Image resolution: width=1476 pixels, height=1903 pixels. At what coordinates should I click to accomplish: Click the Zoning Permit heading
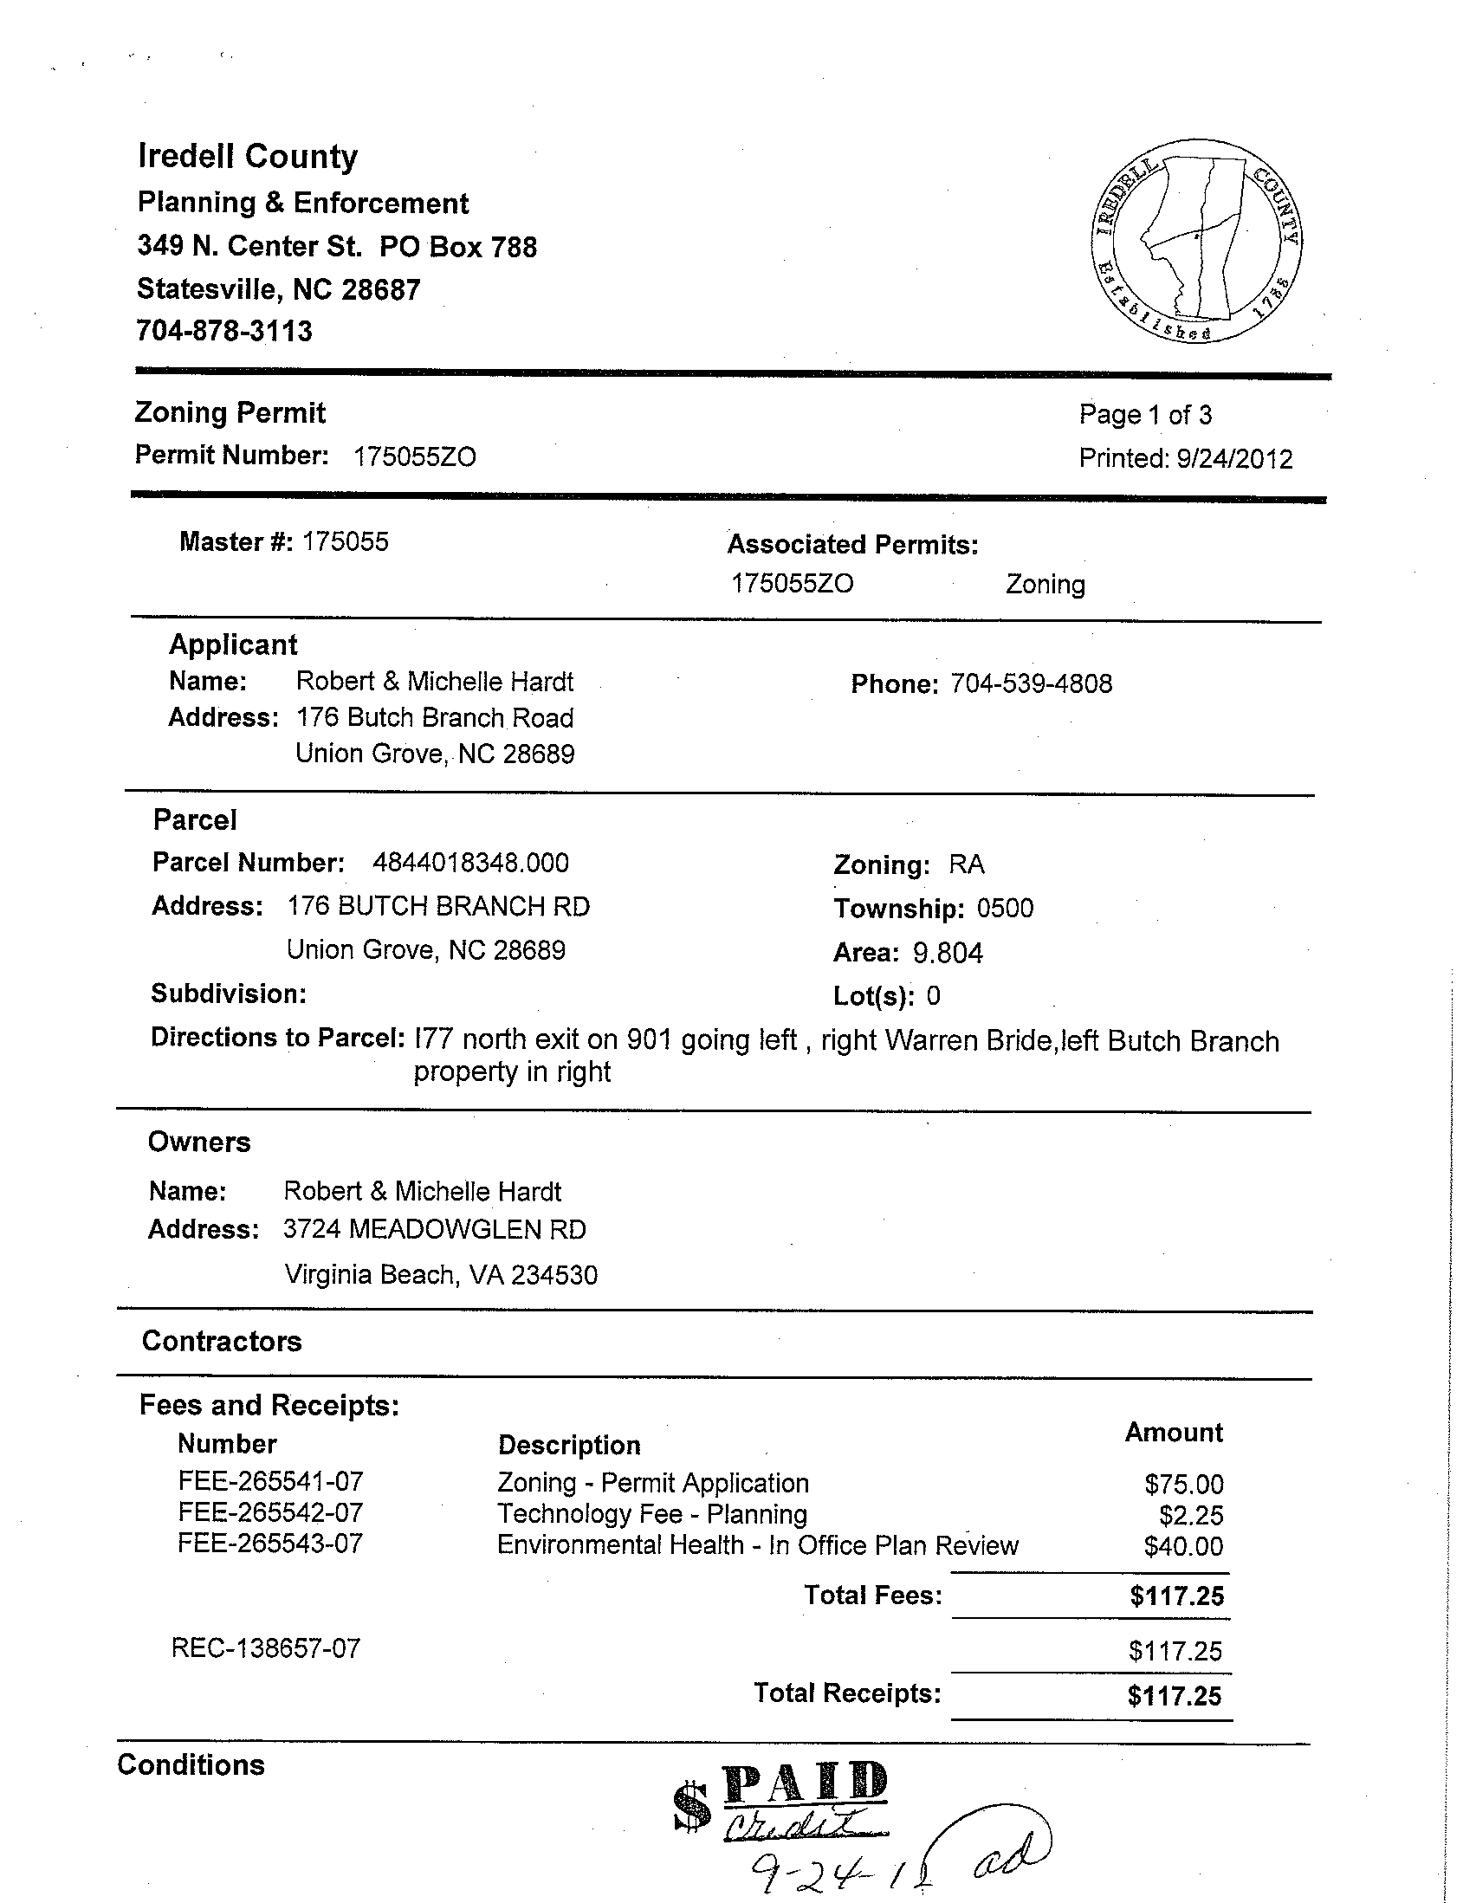[x=230, y=412]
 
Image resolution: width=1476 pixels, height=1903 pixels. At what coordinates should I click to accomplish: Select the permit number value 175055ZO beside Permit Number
[x=415, y=456]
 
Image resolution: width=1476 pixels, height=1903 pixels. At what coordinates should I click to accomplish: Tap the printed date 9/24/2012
[x=1233, y=458]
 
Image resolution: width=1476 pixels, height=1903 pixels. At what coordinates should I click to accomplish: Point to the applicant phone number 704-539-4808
[x=1031, y=683]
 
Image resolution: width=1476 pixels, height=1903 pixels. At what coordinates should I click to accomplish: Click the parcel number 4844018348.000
[x=470, y=863]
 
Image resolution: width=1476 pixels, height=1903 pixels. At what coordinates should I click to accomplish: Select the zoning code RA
[x=967, y=864]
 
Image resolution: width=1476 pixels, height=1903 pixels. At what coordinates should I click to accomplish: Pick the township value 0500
[x=1005, y=908]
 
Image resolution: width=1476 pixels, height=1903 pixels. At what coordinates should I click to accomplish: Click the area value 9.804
[x=948, y=954]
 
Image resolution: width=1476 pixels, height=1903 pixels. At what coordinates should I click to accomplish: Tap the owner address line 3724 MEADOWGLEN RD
[x=434, y=1229]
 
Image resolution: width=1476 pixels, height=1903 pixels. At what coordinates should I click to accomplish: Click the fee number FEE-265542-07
[x=270, y=1512]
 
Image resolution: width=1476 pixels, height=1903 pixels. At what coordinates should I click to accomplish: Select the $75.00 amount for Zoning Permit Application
[x=1184, y=1484]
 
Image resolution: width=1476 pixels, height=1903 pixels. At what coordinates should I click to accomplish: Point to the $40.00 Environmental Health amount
[x=1183, y=1547]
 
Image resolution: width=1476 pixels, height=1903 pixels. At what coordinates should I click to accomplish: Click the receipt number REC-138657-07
[x=266, y=1647]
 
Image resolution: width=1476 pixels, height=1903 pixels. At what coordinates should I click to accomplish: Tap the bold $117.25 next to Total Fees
[x=1176, y=1596]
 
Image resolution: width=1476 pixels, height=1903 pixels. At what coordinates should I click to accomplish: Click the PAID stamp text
[x=804, y=1783]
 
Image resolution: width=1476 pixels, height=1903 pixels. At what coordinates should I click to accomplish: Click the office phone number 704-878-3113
[x=224, y=331]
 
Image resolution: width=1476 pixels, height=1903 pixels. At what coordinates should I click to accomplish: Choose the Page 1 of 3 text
[x=1145, y=415]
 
